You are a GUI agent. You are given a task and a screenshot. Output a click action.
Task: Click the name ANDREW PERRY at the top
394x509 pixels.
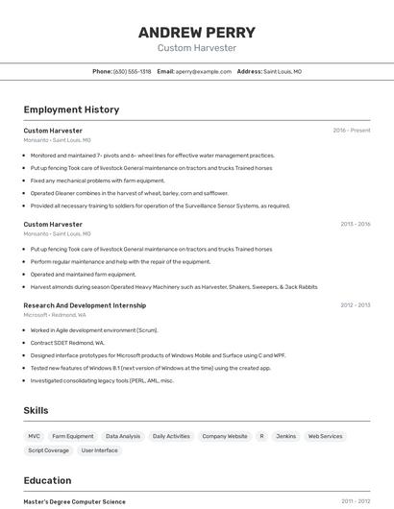click(x=197, y=31)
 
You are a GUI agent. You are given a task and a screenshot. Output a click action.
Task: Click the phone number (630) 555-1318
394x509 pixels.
click(x=132, y=71)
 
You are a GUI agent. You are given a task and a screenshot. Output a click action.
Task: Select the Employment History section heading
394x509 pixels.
click(x=71, y=109)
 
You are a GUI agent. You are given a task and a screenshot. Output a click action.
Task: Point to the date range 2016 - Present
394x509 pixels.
click(x=352, y=130)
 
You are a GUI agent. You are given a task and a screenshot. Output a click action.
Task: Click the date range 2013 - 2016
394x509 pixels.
click(x=356, y=224)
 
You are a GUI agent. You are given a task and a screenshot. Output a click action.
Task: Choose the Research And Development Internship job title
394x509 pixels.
click(x=85, y=305)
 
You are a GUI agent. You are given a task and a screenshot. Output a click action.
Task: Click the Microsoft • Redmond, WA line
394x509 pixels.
click(x=55, y=315)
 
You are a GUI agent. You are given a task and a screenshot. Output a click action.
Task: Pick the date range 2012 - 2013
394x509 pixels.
click(x=356, y=305)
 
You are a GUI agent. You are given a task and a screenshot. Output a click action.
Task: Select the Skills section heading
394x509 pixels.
click(x=36, y=410)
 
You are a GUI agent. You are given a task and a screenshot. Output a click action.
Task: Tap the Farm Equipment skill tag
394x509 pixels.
click(x=73, y=436)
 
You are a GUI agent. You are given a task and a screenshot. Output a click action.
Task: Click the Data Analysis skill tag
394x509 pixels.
click(x=123, y=436)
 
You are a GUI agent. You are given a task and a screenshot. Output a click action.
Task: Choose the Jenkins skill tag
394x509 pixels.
click(x=285, y=436)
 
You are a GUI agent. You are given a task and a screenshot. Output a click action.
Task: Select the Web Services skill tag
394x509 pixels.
click(x=325, y=436)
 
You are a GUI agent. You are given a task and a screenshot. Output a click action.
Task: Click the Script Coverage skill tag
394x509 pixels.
click(x=48, y=449)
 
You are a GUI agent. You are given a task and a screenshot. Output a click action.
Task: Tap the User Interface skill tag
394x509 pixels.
click(x=100, y=449)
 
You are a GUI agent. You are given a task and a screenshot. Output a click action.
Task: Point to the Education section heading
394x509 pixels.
click(x=47, y=480)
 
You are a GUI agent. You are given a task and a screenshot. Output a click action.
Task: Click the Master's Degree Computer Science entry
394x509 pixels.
click(x=74, y=501)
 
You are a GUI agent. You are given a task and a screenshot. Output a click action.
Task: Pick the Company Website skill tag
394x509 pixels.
click(x=225, y=436)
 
